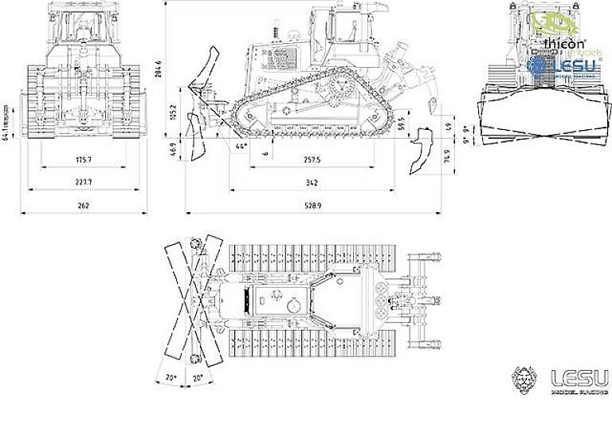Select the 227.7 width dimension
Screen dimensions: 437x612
84,183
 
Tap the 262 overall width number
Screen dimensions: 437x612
84,205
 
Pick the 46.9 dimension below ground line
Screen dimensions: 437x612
173,149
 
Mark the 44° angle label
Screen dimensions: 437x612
241,146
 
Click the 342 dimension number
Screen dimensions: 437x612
312,183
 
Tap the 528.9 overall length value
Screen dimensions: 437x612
312,205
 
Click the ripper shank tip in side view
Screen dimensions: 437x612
414,169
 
